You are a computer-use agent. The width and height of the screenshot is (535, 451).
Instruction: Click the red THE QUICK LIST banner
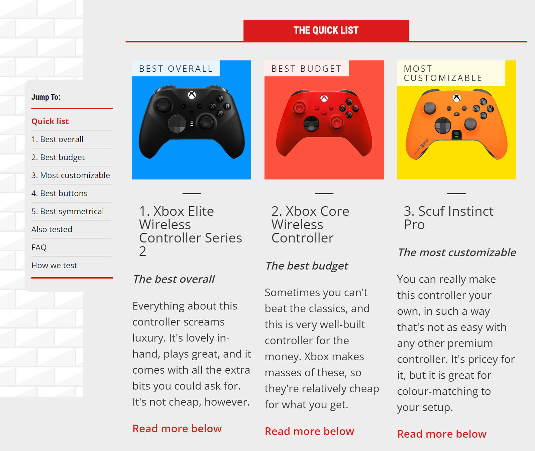click(x=326, y=30)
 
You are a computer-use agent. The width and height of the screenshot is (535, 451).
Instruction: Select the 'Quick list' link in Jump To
click(x=50, y=121)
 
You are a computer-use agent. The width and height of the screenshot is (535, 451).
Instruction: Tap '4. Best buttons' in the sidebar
click(x=60, y=193)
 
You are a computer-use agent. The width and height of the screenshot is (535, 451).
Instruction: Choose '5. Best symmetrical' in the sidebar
click(x=68, y=211)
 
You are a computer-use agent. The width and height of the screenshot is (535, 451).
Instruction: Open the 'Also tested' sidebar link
click(x=52, y=229)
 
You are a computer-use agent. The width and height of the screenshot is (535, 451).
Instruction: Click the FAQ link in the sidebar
click(x=39, y=247)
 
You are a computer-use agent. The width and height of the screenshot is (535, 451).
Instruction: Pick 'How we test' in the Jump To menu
click(x=54, y=266)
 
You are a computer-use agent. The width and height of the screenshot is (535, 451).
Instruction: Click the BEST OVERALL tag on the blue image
click(x=176, y=69)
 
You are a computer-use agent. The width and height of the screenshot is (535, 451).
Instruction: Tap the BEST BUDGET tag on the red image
click(x=307, y=69)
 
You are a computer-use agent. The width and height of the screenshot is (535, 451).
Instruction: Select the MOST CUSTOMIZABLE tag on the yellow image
click(x=443, y=73)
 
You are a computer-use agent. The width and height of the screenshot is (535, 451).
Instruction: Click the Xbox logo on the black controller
click(x=192, y=95)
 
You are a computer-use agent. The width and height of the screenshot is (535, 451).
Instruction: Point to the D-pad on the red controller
click(x=311, y=124)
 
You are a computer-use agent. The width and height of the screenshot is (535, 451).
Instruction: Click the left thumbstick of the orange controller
click(x=430, y=108)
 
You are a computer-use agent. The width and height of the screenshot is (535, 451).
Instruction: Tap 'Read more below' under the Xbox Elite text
click(x=177, y=429)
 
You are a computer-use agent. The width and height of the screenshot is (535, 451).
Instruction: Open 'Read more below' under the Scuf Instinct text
click(x=442, y=434)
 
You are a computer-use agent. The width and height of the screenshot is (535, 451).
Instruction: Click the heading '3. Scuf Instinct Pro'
click(x=448, y=218)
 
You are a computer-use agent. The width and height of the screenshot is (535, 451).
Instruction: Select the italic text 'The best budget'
click(x=307, y=266)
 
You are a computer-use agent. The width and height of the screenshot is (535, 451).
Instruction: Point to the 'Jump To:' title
click(x=46, y=97)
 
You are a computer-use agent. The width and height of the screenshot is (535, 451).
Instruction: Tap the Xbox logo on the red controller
click(x=324, y=98)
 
